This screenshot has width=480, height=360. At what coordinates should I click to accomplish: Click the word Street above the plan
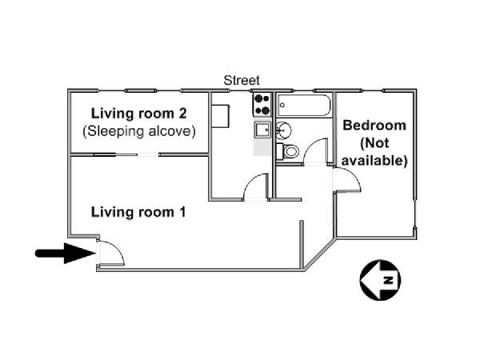pyautogui.click(x=242, y=80)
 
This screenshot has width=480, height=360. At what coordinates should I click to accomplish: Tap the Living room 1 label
pyautogui.click(x=138, y=212)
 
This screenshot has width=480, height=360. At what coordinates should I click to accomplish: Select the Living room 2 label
pyautogui.click(x=138, y=114)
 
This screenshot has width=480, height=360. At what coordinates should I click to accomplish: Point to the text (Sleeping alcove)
pyautogui.click(x=139, y=131)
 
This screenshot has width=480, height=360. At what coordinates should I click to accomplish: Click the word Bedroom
pyautogui.click(x=374, y=126)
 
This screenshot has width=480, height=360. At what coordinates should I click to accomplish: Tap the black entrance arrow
pyautogui.click(x=66, y=253)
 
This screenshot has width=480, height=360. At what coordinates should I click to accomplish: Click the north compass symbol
pyautogui.click(x=380, y=280)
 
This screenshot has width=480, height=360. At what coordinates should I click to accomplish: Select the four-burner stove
pyautogui.click(x=262, y=104)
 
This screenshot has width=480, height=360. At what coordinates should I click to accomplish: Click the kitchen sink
pyautogui.click(x=262, y=130)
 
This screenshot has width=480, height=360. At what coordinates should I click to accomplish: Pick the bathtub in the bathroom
pyautogui.click(x=303, y=106)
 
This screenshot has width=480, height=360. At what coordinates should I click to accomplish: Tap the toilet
pyautogui.click(x=287, y=151)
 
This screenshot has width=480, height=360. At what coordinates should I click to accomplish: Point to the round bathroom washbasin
pyautogui.click(x=283, y=130)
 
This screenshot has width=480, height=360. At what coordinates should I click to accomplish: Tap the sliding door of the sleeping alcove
pyautogui.click(x=115, y=155)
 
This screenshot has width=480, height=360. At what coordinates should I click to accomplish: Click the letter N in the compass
pyautogui.click(x=389, y=280)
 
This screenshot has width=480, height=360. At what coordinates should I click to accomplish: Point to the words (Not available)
pyautogui.click(x=374, y=151)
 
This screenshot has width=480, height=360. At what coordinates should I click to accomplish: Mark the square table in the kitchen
pyautogui.click(x=221, y=116)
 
